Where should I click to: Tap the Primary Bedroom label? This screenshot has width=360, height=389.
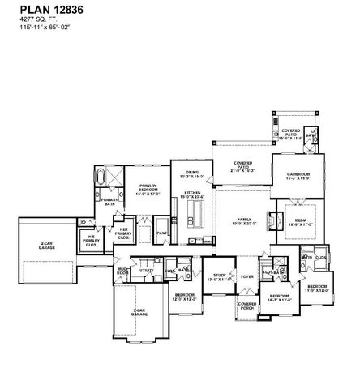coord(147,191)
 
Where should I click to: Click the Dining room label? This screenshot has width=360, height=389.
coord(191,174)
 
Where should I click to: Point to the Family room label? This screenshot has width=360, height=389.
coord(243,221)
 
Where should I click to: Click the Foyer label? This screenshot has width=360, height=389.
coord(246,276)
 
